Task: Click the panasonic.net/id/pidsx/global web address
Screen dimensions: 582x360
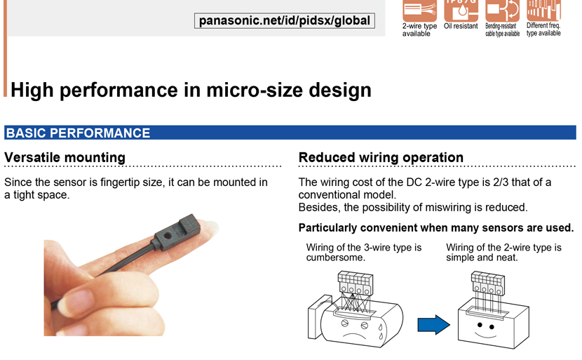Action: (284, 20)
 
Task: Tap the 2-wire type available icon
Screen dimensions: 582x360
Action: (419, 10)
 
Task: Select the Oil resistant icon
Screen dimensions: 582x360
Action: (461, 10)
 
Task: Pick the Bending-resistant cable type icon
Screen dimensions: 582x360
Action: (502, 10)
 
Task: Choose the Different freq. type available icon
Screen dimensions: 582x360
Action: (543, 10)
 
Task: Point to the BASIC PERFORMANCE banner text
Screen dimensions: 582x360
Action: (79, 133)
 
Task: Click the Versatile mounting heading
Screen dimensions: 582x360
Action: (65, 157)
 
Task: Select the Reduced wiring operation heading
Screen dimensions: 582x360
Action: (381, 157)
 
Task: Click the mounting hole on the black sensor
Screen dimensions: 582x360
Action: (168, 236)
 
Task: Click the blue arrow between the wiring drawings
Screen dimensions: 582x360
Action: (433, 325)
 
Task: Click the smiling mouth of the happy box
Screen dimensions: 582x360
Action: (485, 335)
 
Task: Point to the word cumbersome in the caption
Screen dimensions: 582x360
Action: (336, 258)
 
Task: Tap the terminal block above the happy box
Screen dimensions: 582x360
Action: (488, 283)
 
